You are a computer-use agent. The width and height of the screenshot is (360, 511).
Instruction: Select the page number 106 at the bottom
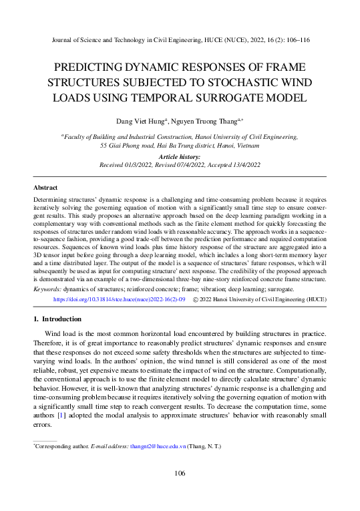179,474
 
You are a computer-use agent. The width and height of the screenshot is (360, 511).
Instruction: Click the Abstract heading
45,188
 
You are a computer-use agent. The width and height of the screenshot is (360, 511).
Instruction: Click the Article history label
179,156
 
